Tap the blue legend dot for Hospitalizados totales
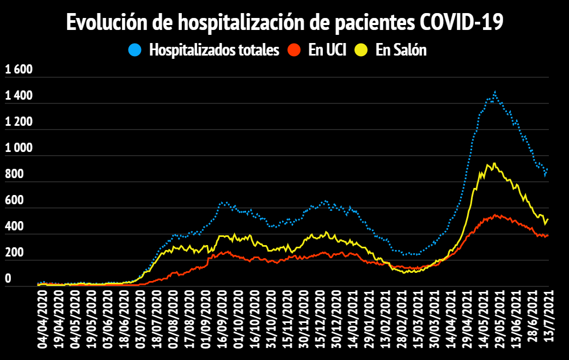coord(135,50)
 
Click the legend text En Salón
coord(401,50)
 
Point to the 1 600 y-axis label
coord(19,70)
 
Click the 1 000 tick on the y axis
coord(19,148)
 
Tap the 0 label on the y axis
coord(8,279)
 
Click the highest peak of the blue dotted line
coord(494,93)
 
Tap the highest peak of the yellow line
coord(494,163)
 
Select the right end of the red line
coord(548,235)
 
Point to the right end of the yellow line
coord(548,219)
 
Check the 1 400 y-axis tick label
coord(19,96)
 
